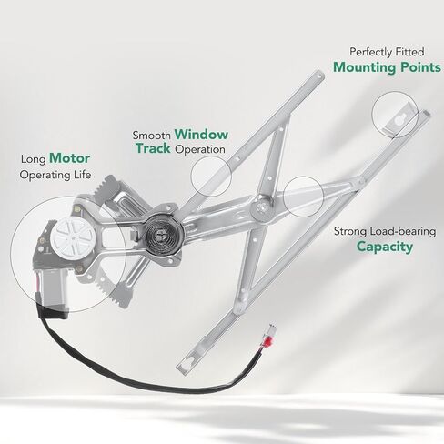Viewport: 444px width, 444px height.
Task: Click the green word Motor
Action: (69, 158)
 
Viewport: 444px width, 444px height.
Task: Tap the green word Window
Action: (201, 135)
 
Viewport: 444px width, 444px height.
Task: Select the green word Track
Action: (153, 148)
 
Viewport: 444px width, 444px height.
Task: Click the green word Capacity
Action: (385, 247)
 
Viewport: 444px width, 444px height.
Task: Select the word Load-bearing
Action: (403, 232)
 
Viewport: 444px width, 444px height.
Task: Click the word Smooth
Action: (152, 136)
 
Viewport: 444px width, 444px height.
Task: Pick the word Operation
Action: (200, 149)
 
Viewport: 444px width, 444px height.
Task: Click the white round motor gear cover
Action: (73, 236)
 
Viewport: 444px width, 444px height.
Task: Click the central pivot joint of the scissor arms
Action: (261, 207)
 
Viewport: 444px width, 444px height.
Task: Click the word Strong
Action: (350, 232)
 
